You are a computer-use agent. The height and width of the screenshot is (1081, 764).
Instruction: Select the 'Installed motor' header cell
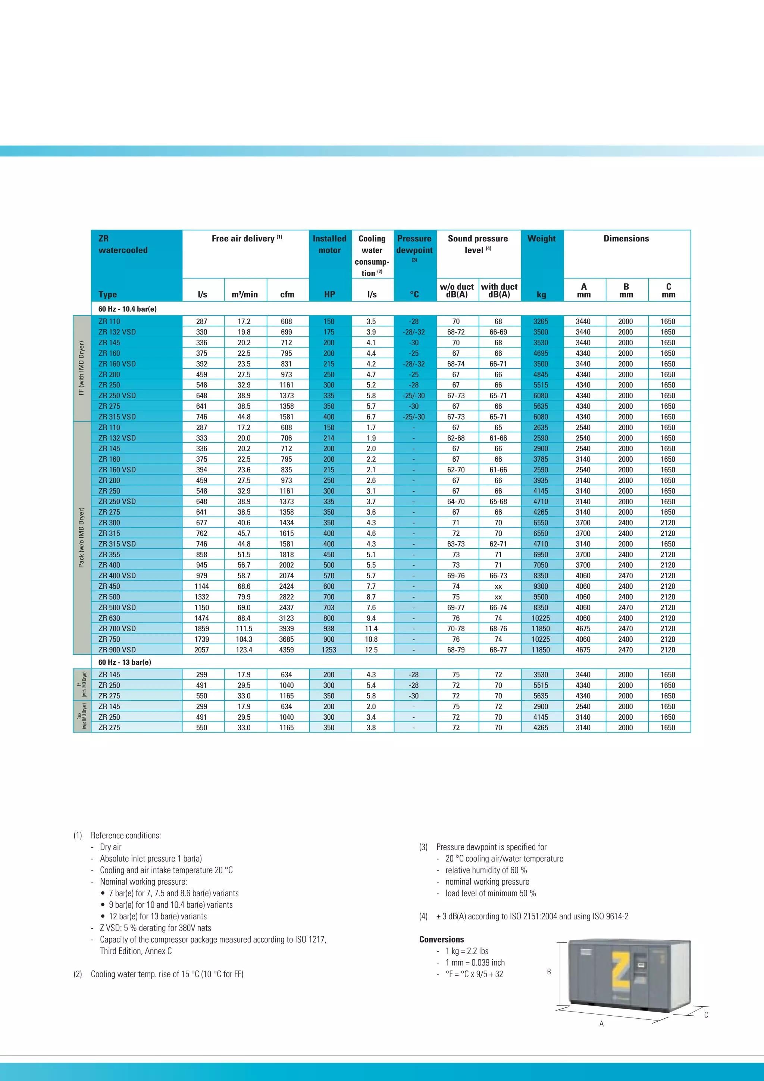[329, 244]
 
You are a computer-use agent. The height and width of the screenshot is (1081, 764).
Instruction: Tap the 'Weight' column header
[542, 239]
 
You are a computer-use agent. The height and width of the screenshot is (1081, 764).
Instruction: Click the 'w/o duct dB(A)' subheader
[456, 290]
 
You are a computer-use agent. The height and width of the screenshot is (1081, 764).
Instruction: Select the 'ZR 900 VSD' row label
[117, 650]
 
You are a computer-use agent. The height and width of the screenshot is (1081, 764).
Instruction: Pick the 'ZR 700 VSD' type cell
[117, 629]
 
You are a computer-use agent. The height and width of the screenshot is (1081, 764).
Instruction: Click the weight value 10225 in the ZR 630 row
[541, 618]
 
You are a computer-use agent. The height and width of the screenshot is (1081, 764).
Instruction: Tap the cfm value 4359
[286, 650]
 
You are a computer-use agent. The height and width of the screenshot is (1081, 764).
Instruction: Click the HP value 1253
[329, 650]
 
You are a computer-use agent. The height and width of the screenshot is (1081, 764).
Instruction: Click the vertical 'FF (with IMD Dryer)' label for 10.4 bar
[82, 368]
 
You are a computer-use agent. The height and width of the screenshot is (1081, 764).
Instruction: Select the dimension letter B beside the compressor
[548, 971]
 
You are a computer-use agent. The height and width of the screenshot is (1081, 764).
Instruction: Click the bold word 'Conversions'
[441, 939]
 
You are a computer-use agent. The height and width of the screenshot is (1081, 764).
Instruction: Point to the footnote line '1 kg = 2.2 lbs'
[467, 951]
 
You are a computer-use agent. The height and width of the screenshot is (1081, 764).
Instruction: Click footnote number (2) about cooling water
[78, 974]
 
